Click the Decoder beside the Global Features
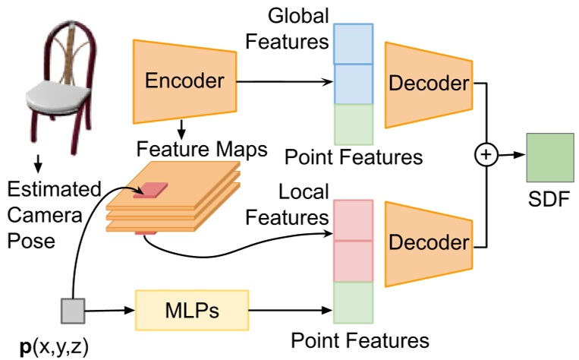pos(429,84)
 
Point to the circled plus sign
pos(484,156)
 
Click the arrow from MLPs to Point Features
pos(292,309)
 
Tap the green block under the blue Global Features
pos(354,124)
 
